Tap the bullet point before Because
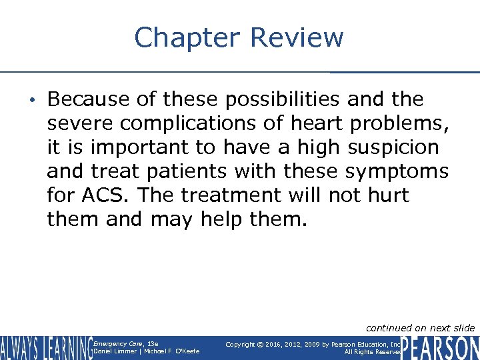[x=37, y=100]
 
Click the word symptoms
[x=397, y=171]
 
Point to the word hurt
[x=385, y=195]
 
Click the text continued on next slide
[x=421, y=327]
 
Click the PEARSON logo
[x=440, y=347]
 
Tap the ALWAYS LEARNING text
[x=46, y=347]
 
